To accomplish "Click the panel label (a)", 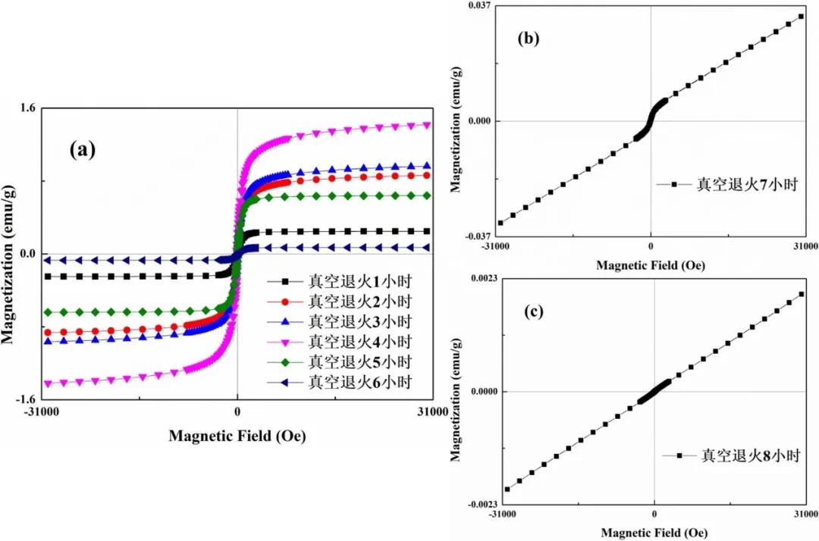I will click(x=82, y=149).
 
